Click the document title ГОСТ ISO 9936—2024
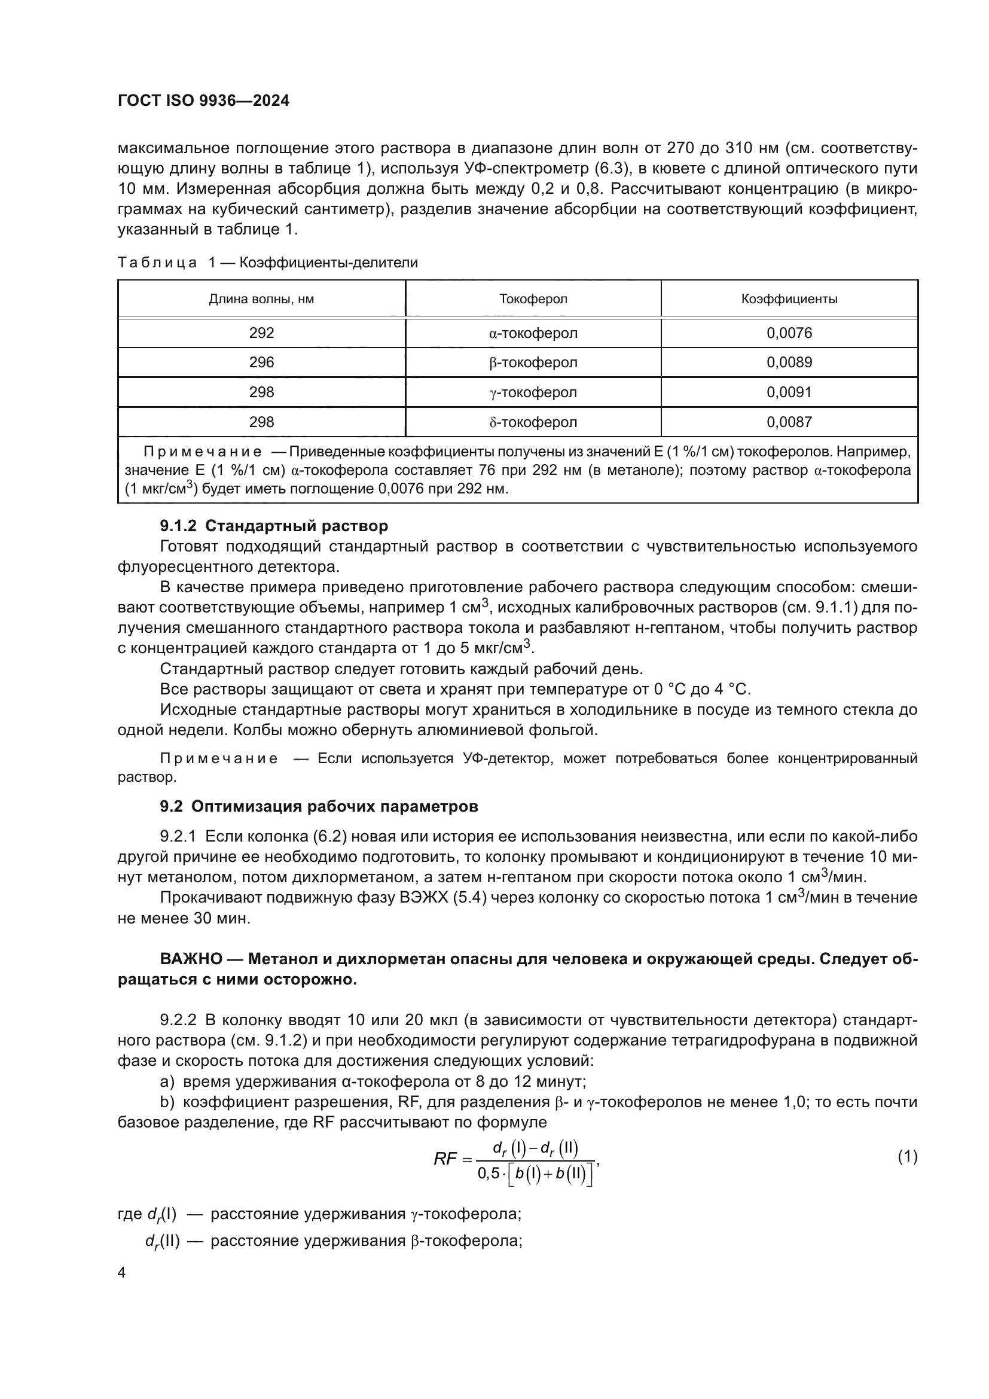coord(203,101)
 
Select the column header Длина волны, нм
coord(261,299)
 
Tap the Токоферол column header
coord(533,299)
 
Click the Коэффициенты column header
coord(789,299)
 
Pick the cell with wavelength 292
coord(261,333)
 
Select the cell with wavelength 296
coord(261,362)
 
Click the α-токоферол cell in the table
coord(533,333)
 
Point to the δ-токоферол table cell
coord(533,422)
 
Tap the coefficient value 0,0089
coord(789,362)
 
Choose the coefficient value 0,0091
coord(789,392)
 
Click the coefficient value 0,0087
coord(789,422)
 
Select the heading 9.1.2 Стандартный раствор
coord(273,526)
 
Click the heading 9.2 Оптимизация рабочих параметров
coord(319,806)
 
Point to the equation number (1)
coord(907,1157)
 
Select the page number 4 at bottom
coord(121,1273)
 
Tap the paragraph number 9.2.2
coord(178,1020)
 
